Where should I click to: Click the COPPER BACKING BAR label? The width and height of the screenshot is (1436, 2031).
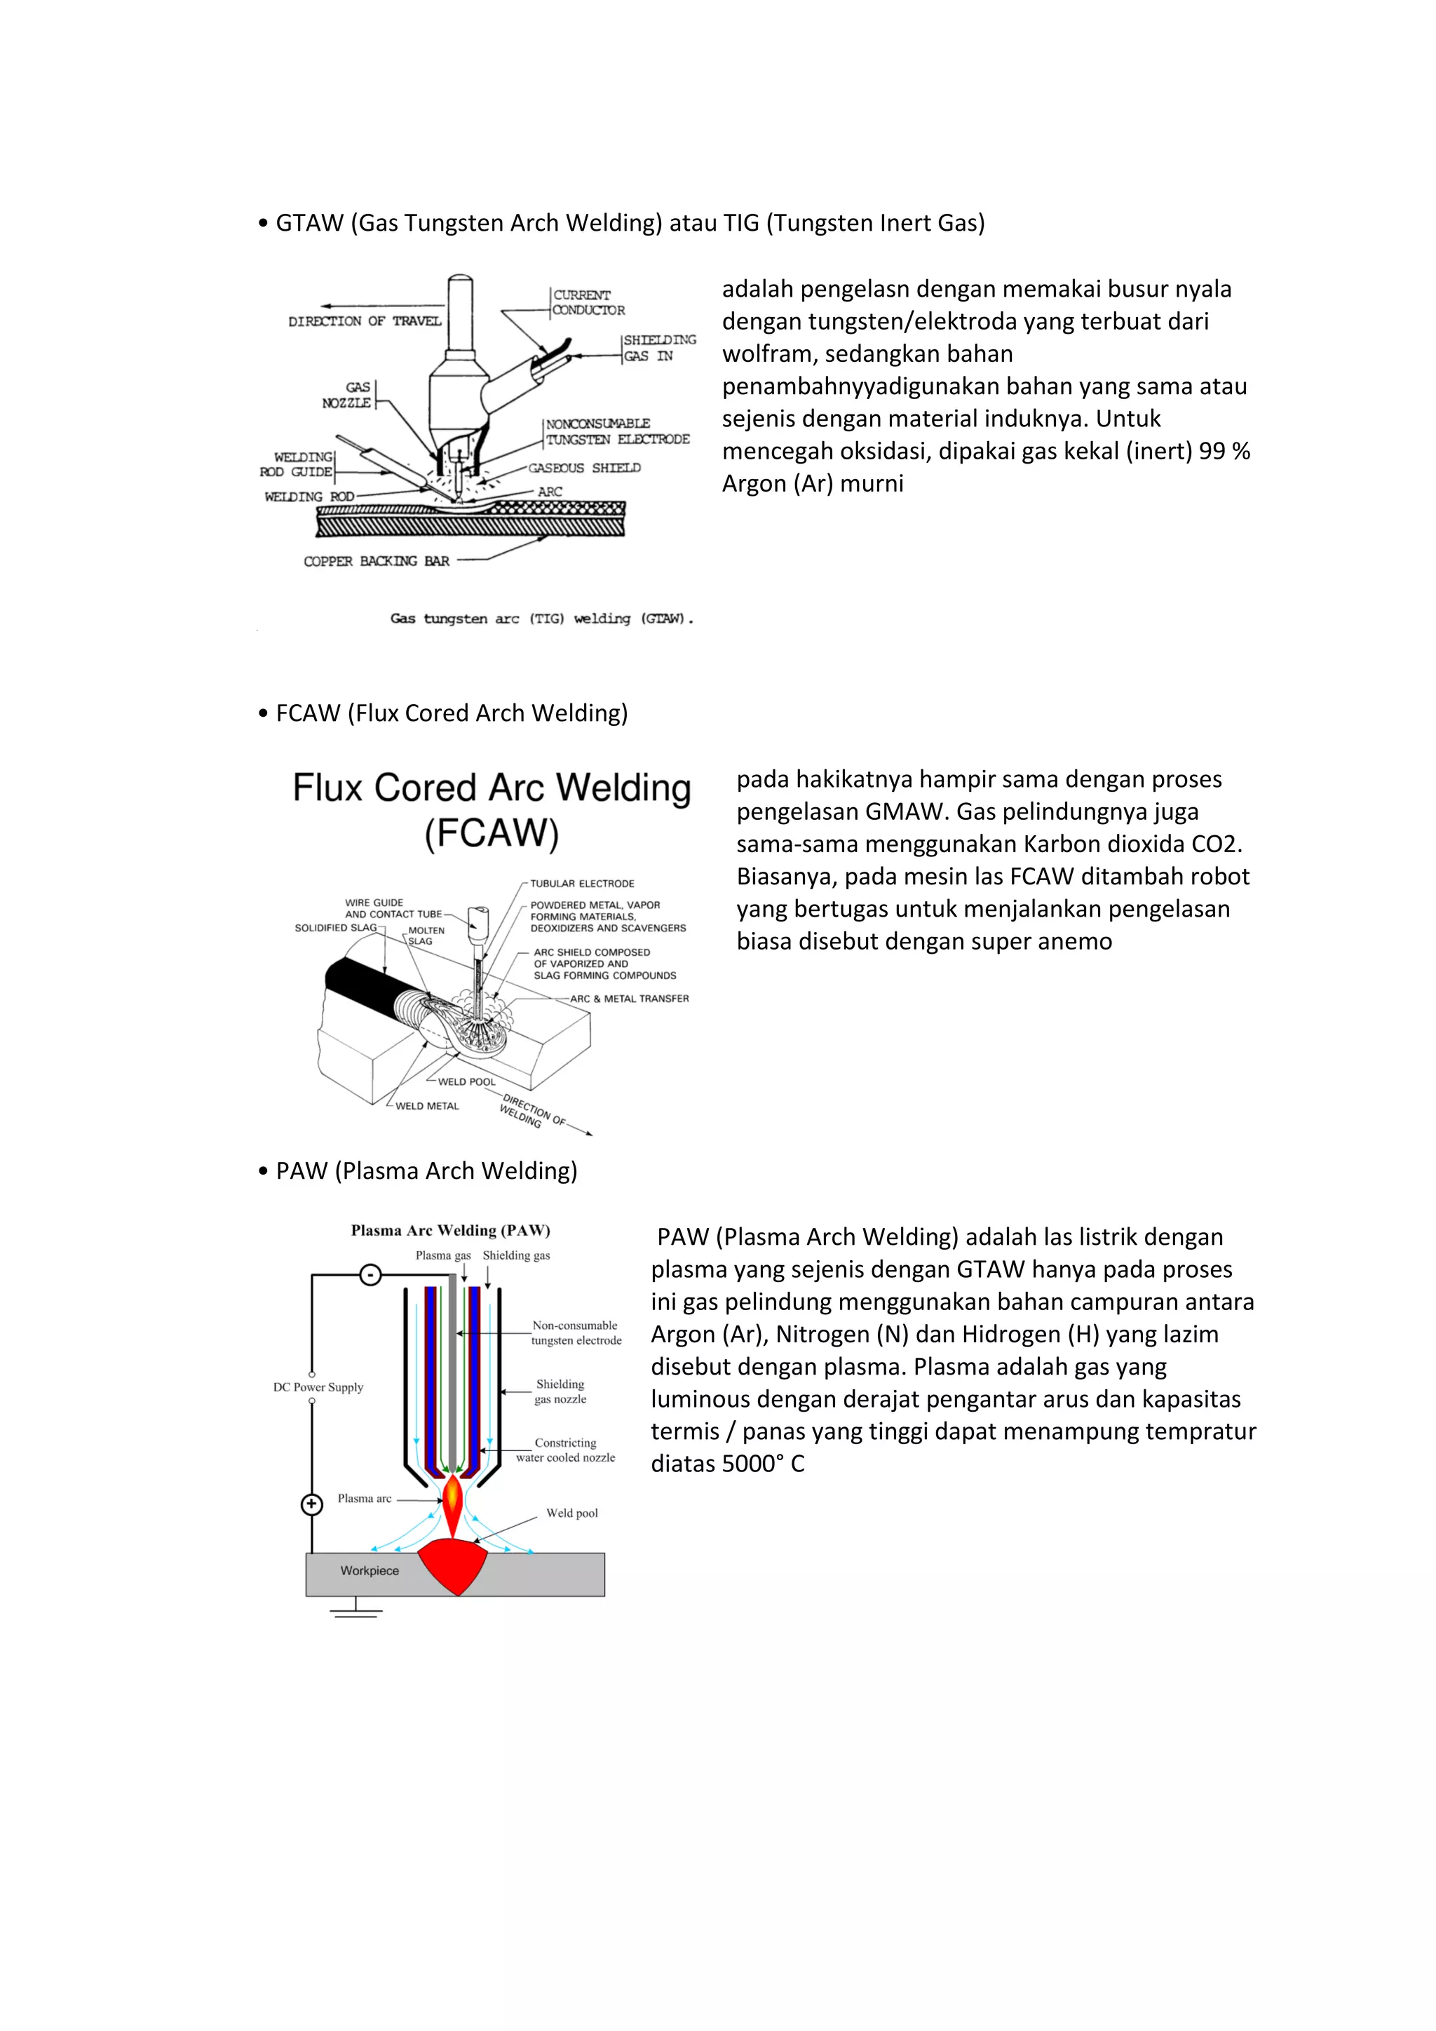tap(376, 561)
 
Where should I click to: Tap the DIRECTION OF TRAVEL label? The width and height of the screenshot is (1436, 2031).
tap(365, 321)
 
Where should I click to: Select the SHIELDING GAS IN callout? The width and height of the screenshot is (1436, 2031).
tap(659, 348)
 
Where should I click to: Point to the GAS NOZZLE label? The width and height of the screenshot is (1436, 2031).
tap(348, 395)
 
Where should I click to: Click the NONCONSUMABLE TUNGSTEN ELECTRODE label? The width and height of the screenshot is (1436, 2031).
tap(616, 432)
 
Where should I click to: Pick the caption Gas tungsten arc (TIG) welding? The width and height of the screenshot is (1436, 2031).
tap(541, 619)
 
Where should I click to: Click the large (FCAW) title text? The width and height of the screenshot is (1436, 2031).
tap(492, 833)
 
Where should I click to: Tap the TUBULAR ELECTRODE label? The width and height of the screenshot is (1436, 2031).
tap(582, 884)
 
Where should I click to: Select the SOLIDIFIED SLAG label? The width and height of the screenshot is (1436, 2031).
tap(335, 928)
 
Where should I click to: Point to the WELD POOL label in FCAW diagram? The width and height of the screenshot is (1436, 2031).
tap(467, 1082)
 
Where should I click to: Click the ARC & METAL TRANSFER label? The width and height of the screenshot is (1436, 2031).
tap(629, 999)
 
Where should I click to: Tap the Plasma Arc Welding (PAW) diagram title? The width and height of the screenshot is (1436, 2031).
tap(450, 1231)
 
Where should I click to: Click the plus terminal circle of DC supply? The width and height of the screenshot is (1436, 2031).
tap(312, 1504)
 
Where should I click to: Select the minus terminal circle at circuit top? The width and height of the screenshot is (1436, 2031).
tap(370, 1275)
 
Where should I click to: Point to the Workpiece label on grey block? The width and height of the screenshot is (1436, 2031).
tap(370, 1570)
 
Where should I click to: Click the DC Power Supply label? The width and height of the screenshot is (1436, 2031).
tap(318, 1387)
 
